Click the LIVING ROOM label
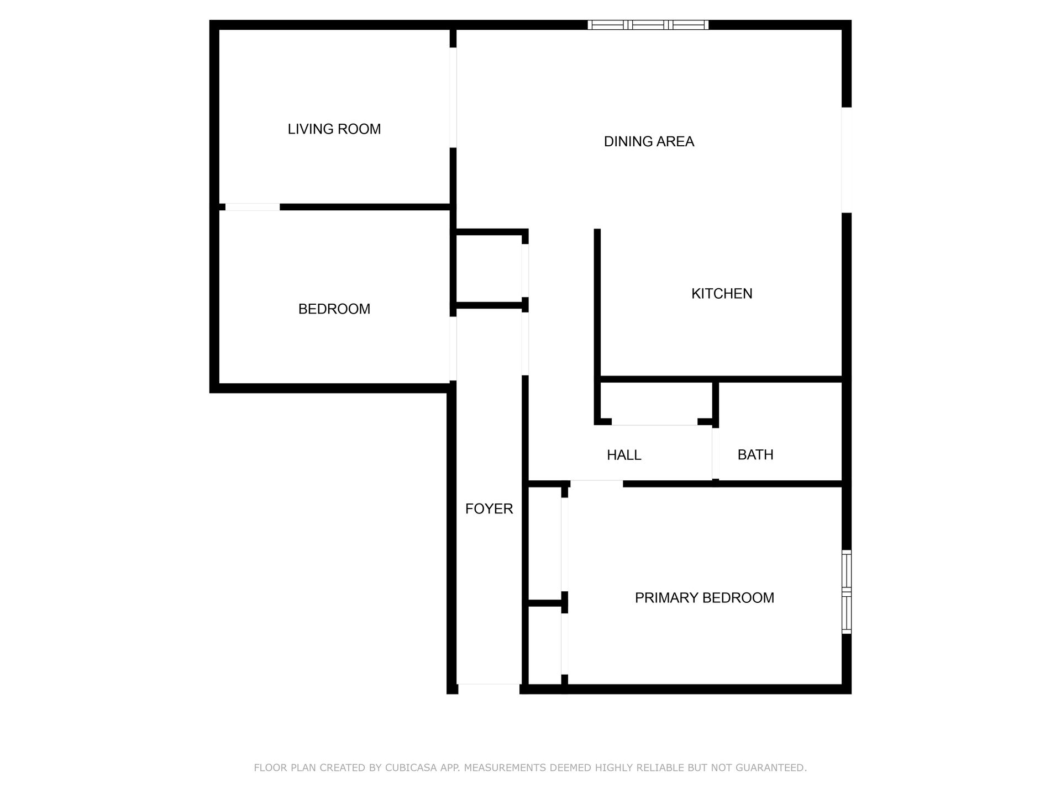pyautogui.click(x=334, y=129)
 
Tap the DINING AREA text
pyautogui.click(x=649, y=142)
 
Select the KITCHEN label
pyautogui.click(x=722, y=294)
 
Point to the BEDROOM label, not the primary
pyautogui.click(x=334, y=309)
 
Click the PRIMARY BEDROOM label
pyautogui.click(x=704, y=598)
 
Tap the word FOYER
pyautogui.click(x=489, y=509)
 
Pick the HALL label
pyautogui.click(x=624, y=455)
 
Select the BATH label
pyautogui.click(x=755, y=455)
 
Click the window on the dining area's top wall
pyautogui.click(x=648, y=25)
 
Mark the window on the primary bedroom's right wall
pyautogui.click(x=846, y=591)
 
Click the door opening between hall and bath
pyautogui.click(x=715, y=454)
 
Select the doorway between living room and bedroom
pyautogui.click(x=253, y=207)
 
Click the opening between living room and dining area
pyautogui.click(x=453, y=98)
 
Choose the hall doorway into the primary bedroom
pyautogui.click(x=596, y=484)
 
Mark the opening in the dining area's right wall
pyautogui.click(x=846, y=160)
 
